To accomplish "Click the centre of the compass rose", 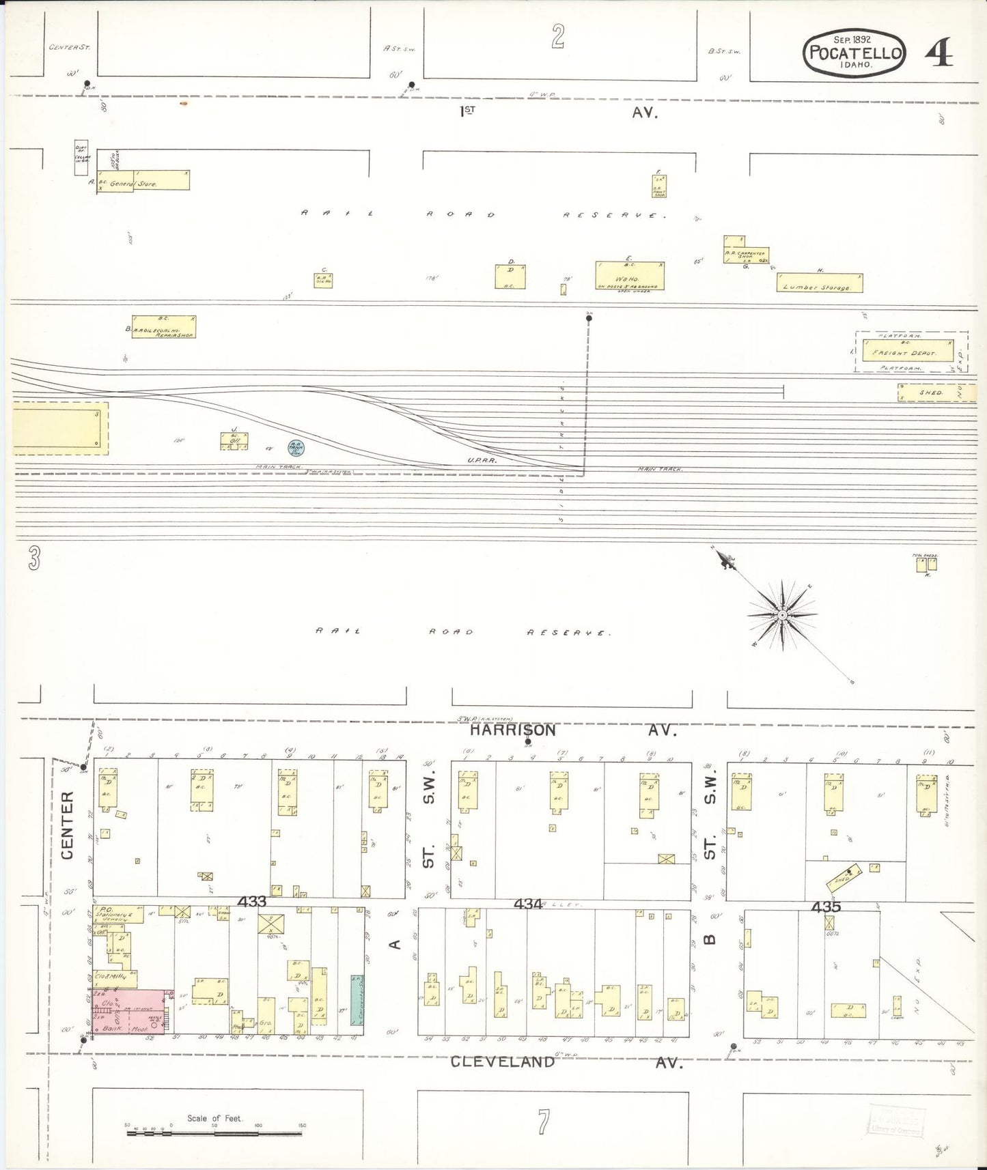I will pyautogui.click(x=781, y=616).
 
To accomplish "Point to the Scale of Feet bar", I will pyautogui.click(x=214, y=1133).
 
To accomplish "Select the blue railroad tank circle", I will pyautogui.click(x=296, y=448).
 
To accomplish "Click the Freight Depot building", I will pyautogui.click(x=907, y=352).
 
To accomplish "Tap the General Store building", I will pyautogui.click(x=143, y=180).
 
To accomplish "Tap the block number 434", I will pyautogui.click(x=528, y=904).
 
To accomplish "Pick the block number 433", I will pyautogui.click(x=251, y=902).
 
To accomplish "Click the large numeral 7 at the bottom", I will pyautogui.click(x=543, y=1121).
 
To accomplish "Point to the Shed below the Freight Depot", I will pyautogui.click(x=931, y=393).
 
